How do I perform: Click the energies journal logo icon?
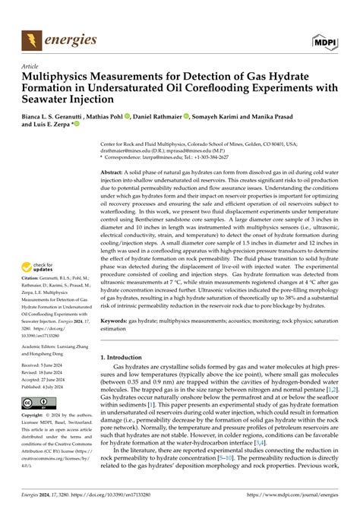tap(32, 37)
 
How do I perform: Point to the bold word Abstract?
tap(114, 173)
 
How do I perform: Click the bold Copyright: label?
tap(36, 416)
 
